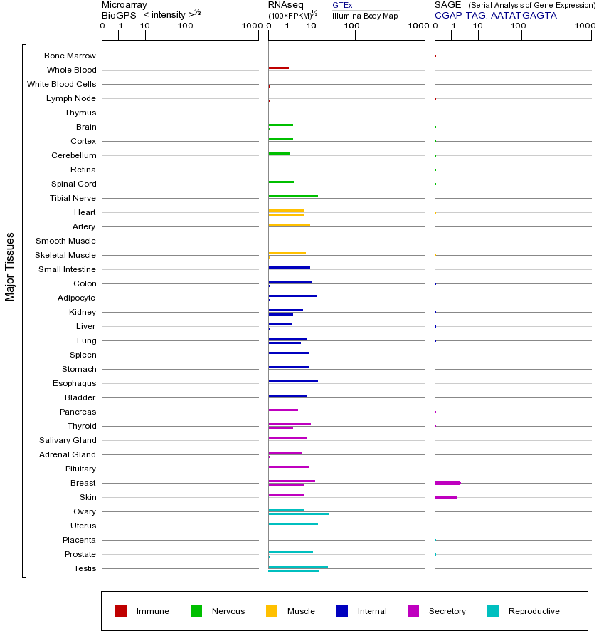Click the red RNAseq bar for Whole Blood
pyautogui.click(x=278, y=68)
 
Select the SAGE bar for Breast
pyautogui.click(x=447, y=483)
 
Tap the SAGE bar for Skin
pyautogui.click(x=445, y=497)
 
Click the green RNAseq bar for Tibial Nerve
pyautogui.click(x=293, y=196)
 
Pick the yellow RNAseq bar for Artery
pyautogui.click(x=289, y=224)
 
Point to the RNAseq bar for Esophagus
pyautogui.click(x=293, y=381)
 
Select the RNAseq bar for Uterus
pyautogui.click(x=293, y=523)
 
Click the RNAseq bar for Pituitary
pyautogui.click(x=289, y=467)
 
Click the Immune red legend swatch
pyautogui.click(x=121, y=611)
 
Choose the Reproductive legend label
pyautogui.click(x=534, y=611)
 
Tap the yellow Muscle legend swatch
pyautogui.click(x=272, y=611)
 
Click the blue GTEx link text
pyautogui.click(x=342, y=5)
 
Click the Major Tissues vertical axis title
pyautogui.click(x=10, y=266)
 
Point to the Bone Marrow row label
pyautogui.click(x=70, y=56)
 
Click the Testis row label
pyautogui.click(x=85, y=568)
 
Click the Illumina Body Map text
pyautogui.click(x=365, y=16)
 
